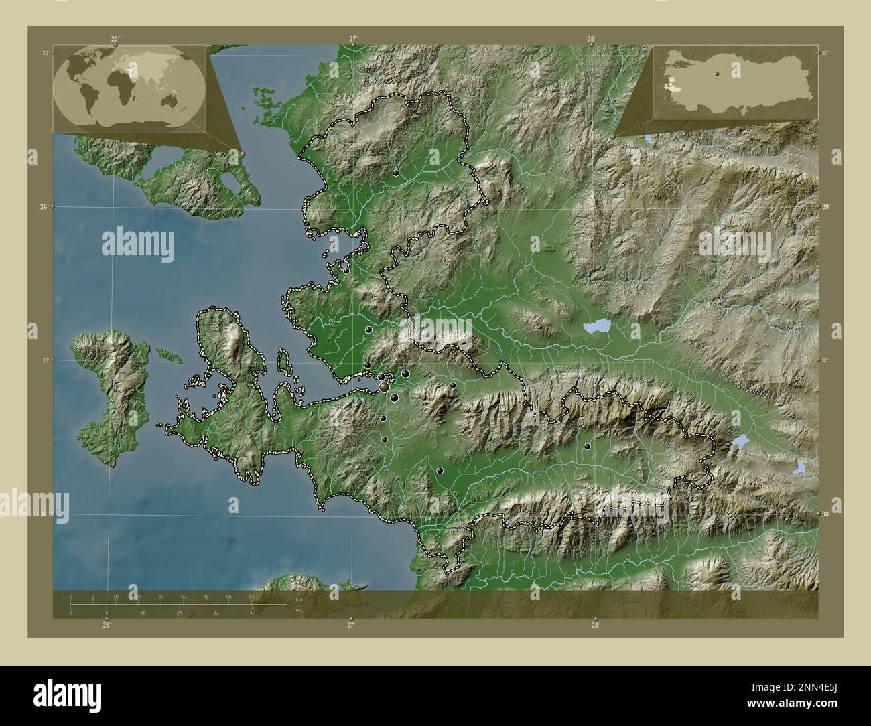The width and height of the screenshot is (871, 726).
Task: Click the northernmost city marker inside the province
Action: click(396, 173)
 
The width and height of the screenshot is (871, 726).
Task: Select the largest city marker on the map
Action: click(384, 387)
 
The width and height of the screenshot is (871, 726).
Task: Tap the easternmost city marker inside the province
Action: click(587, 446)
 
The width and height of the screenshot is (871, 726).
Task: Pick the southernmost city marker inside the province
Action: click(440, 471)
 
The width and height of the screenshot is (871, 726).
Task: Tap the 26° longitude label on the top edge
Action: click(115, 40)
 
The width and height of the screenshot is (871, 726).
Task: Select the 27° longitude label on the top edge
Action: click(353, 40)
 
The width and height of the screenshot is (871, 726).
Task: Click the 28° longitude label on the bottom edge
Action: click(595, 625)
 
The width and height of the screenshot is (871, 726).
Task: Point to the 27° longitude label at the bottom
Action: click(350, 625)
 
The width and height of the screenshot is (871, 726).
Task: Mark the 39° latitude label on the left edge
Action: click(44, 207)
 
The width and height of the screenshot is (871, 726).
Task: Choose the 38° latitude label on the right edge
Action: click(825, 514)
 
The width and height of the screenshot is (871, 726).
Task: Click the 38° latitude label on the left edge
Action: click(44, 514)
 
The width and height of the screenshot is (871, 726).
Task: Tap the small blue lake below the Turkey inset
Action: click(649, 139)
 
